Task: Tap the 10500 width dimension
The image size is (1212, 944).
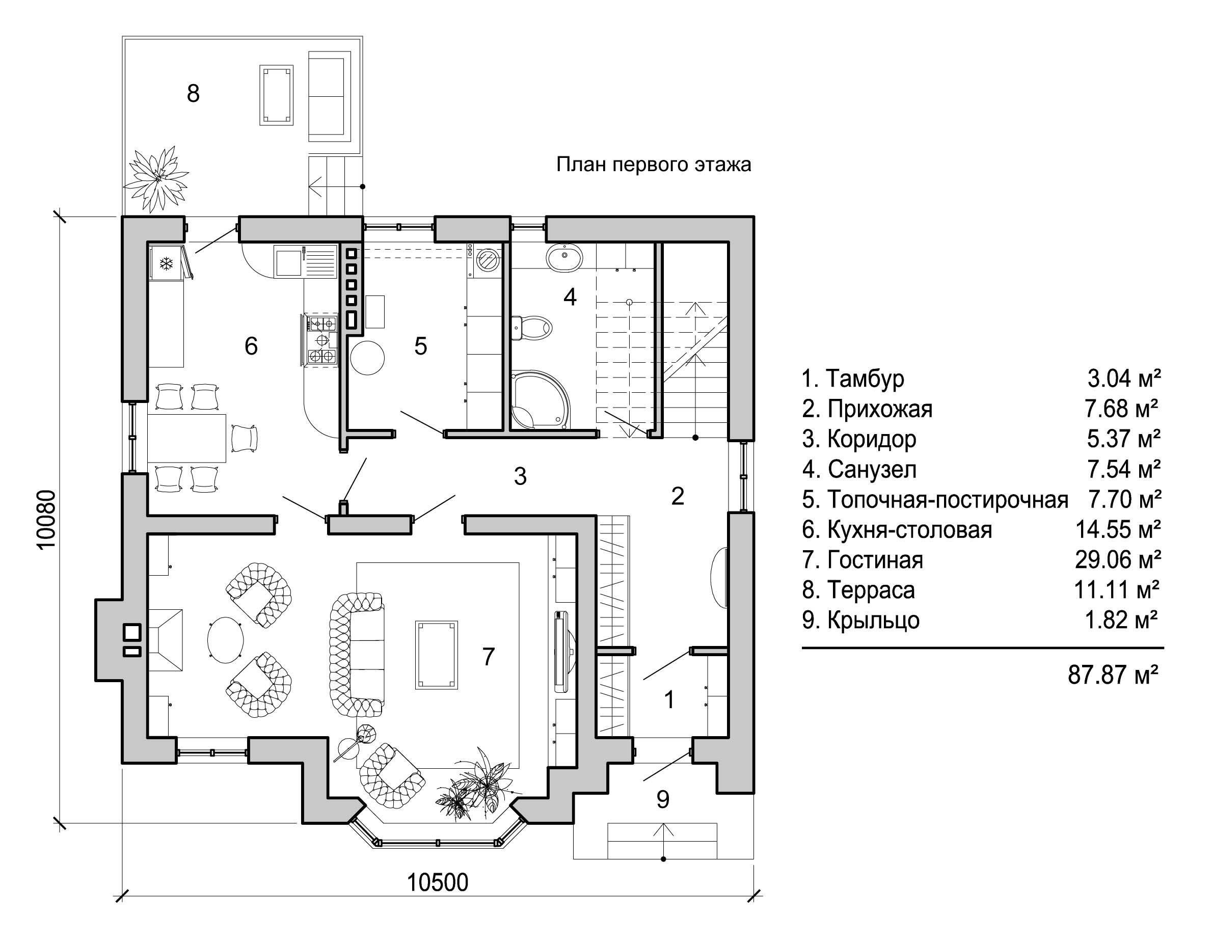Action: [438, 882]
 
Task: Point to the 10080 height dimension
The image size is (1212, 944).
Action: [47, 520]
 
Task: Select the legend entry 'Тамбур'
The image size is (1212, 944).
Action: [865, 379]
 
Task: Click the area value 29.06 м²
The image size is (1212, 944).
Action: [1118, 559]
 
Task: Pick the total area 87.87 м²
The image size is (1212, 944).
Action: [1113, 676]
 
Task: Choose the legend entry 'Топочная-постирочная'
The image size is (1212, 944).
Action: [948, 499]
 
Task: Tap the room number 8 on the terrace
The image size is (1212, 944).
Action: [193, 93]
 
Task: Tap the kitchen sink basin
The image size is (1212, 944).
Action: [288, 263]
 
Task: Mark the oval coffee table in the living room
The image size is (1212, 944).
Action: [225, 639]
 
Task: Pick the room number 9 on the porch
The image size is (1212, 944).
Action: [663, 800]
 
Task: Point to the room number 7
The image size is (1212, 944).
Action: [488, 657]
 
